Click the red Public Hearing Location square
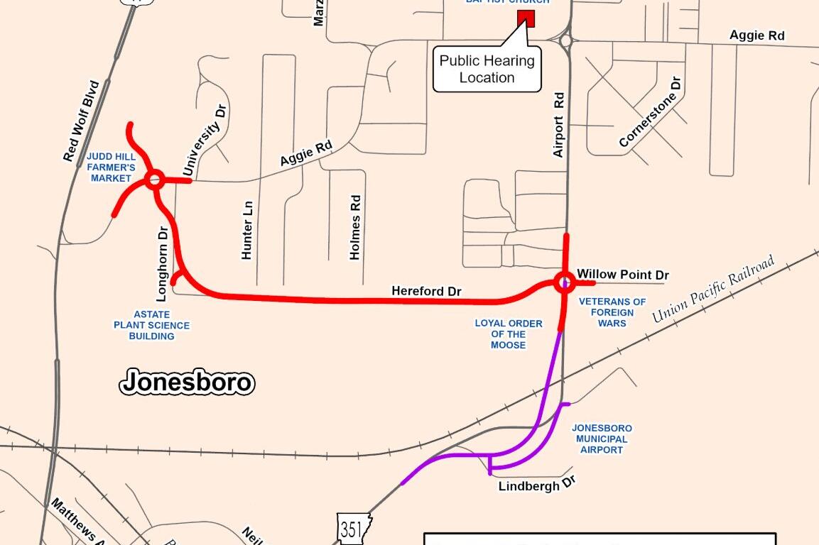pyautogui.click(x=526, y=18)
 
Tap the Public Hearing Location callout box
pyautogui.click(x=487, y=70)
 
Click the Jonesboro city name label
pyautogui.click(x=187, y=382)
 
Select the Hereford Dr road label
pyautogui.click(x=426, y=291)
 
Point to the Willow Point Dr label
pyautogui.click(x=623, y=275)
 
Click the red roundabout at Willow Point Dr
pyautogui.click(x=565, y=282)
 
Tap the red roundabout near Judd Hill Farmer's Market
pyautogui.click(x=154, y=180)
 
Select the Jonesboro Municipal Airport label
pyautogui.click(x=602, y=439)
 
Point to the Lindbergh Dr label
pyautogui.click(x=536, y=485)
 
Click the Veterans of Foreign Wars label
pyautogui.click(x=612, y=312)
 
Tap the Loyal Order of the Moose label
pyautogui.click(x=509, y=334)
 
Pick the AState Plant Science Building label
pyautogui.click(x=152, y=325)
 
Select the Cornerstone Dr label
pyautogui.click(x=650, y=114)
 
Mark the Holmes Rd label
pyautogui.click(x=356, y=228)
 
